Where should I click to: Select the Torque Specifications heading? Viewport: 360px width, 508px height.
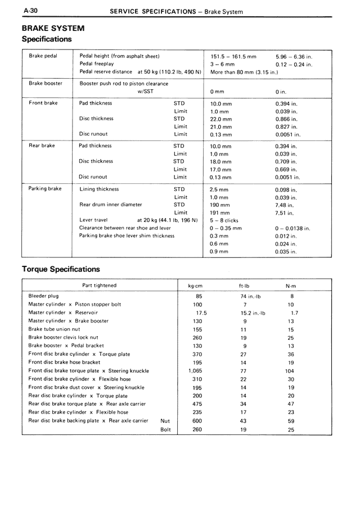click(60, 269)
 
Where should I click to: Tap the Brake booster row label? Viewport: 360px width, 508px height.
click(46, 83)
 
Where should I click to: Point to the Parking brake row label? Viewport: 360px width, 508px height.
click(45, 189)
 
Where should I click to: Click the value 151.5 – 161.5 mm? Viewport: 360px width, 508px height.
click(233, 57)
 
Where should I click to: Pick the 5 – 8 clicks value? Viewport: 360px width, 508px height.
click(224, 221)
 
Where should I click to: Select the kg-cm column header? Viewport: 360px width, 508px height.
click(195, 285)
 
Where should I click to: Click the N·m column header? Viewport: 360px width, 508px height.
click(291, 285)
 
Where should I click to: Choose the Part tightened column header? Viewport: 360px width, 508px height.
click(100, 285)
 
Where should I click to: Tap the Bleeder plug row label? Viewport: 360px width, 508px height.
click(43, 296)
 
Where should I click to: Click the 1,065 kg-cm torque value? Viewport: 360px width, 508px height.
click(195, 371)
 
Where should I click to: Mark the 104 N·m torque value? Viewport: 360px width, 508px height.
click(290, 371)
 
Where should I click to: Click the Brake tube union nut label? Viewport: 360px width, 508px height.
click(54, 329)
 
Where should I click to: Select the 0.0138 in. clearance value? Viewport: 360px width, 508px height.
click(293, 229)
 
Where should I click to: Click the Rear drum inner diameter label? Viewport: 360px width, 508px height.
click(111, 205)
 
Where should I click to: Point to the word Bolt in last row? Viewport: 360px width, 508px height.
click(165, 430)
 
